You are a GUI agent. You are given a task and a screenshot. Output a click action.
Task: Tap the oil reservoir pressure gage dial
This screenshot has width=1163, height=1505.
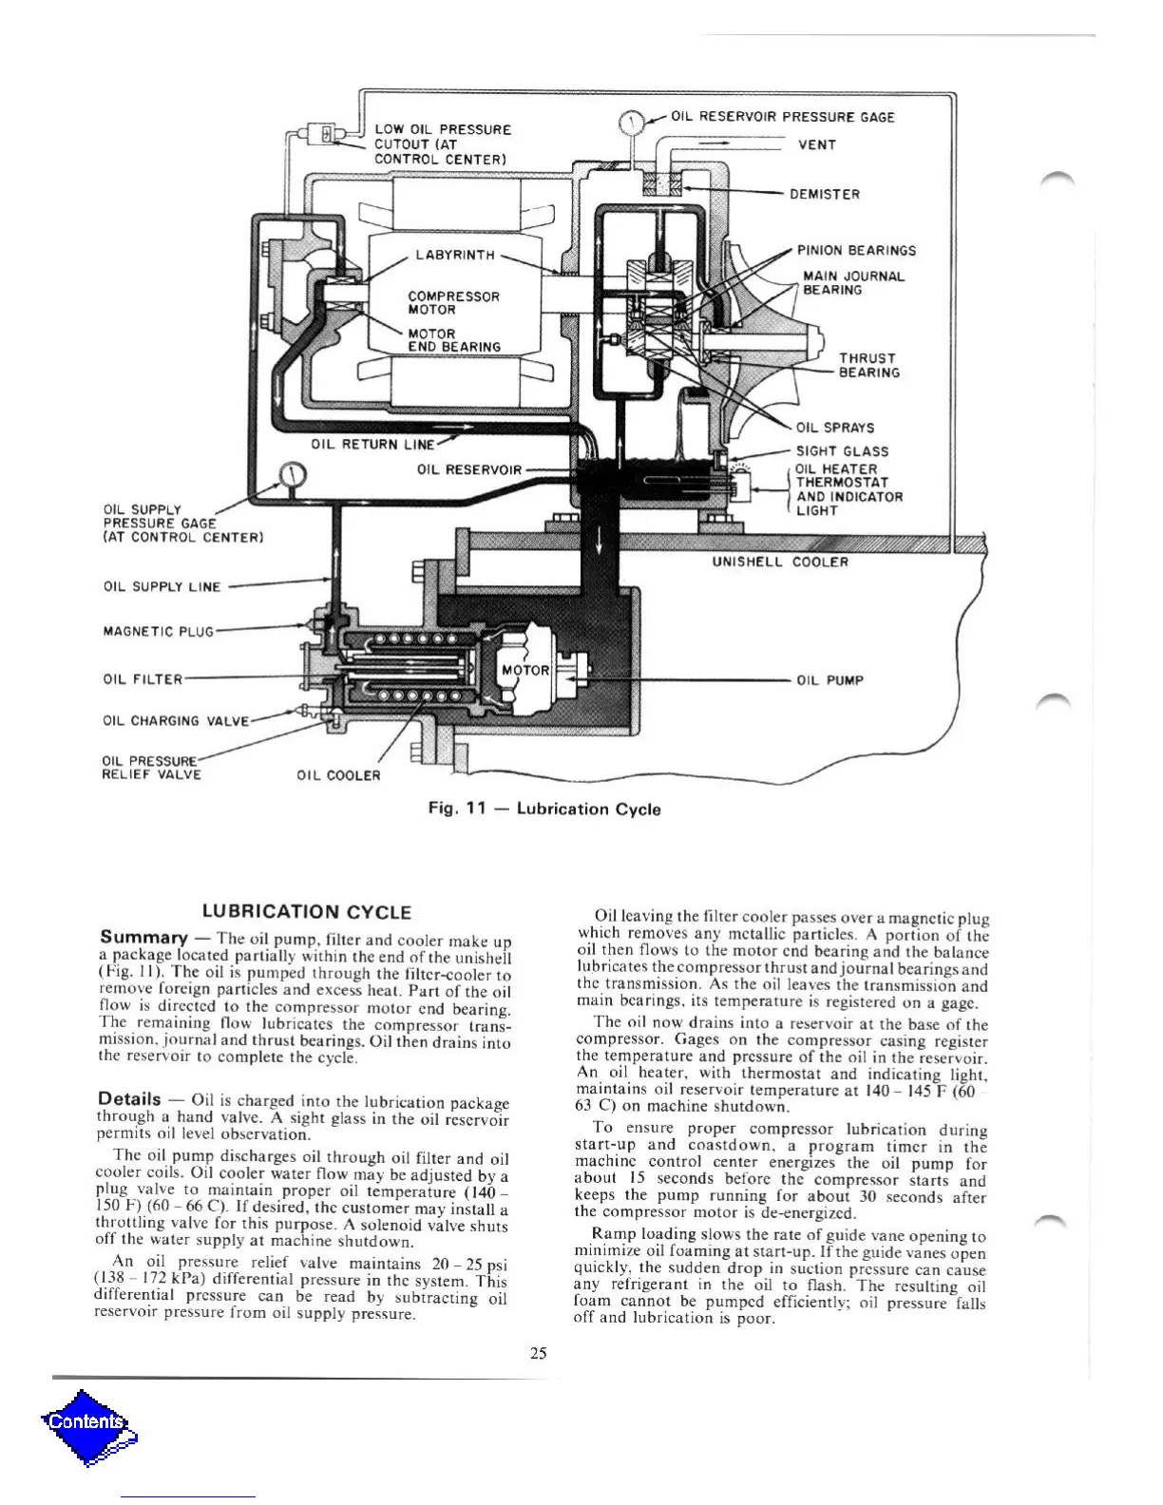click(632, 124)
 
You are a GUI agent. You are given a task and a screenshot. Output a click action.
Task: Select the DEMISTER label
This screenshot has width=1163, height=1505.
click(825, 195)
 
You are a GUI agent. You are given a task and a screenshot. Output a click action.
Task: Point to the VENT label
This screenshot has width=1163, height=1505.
click(817, 145)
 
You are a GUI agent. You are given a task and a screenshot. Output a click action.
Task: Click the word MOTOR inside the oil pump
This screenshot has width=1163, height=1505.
click(525, 670)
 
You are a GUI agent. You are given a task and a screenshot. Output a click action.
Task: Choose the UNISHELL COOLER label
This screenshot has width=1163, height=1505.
click(780, 562)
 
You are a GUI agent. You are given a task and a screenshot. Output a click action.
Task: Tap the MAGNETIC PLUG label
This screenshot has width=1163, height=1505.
click(159, 631)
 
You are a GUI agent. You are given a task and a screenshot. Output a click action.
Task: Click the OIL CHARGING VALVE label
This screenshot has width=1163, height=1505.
click(176, 720)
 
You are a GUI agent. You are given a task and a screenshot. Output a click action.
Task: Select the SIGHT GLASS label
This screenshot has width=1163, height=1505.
click(842, 451)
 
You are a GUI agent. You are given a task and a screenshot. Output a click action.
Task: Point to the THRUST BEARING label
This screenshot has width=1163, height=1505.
click(868, 366)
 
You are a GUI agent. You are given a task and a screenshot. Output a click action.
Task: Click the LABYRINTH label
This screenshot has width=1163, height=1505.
click(455, 255)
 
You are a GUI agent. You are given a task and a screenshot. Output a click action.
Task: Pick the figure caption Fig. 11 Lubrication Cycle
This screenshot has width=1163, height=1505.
click(544, 809)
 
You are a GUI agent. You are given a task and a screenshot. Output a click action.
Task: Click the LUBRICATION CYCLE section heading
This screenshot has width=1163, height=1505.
click(307, 912)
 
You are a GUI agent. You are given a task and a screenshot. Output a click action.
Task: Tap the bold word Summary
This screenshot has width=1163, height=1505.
click(140, 937)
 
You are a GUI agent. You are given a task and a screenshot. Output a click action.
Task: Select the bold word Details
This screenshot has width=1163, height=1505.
click(130, 1099)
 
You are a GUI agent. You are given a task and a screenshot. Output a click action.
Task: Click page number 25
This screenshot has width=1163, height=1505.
click(539, 1354)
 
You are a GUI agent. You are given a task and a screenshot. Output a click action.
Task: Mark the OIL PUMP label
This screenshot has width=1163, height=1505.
click(829, 680)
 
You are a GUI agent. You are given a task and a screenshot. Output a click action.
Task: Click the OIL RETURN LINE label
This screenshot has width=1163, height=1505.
click(373, 444)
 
